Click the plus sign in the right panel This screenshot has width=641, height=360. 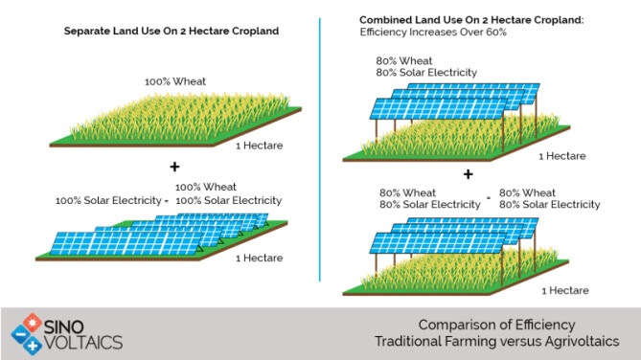[469, 174]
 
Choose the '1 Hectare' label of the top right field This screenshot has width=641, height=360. [563, 155]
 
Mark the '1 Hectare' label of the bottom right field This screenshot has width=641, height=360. [565, 289]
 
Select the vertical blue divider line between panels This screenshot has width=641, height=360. [319, 144]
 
